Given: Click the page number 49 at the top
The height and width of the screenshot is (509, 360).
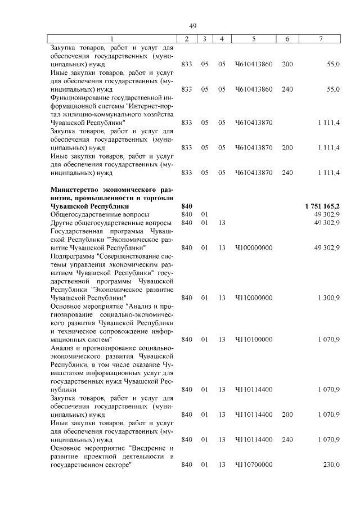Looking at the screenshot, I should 192,26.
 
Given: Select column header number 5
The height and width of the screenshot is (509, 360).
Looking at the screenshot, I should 254,38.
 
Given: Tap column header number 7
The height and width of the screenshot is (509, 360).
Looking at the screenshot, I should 321,38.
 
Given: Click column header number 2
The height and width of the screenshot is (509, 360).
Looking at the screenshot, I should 187,38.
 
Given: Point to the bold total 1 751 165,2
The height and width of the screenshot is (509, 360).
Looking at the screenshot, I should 322,206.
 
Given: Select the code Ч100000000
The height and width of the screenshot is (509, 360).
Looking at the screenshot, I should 254,247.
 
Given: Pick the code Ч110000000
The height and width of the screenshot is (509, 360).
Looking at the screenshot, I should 254,298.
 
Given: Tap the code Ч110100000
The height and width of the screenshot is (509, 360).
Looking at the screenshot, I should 254,339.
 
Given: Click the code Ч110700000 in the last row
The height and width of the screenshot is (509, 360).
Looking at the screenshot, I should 254,465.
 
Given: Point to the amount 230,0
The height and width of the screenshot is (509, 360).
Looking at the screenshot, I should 331,465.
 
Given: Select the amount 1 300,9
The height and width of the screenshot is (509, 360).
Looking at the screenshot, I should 328,298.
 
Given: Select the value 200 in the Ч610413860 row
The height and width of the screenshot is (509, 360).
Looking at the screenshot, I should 287,64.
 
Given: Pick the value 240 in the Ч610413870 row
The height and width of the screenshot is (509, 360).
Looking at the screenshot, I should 287,172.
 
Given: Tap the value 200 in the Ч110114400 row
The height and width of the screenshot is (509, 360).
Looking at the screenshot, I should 287,415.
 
